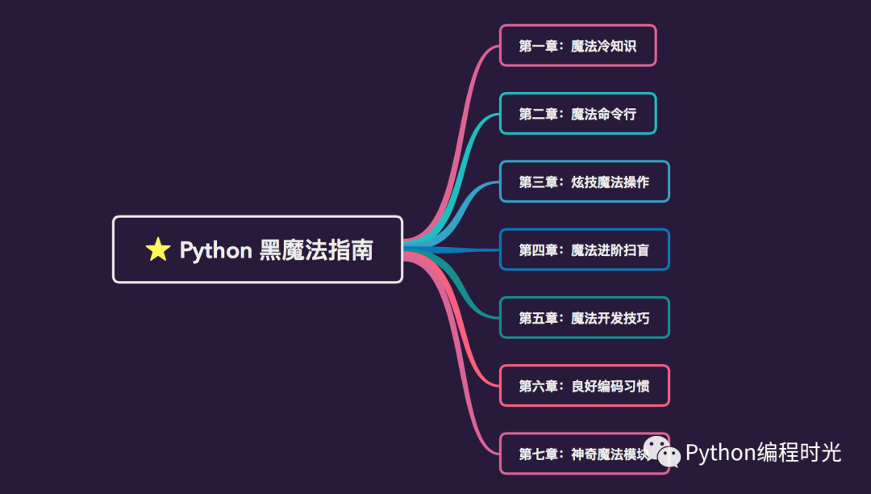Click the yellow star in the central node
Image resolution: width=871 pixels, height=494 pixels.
[x=158, y=250]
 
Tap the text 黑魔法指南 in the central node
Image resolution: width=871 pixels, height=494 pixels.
[x=316, y=250]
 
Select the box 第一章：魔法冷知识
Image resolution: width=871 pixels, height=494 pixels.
[x=577, y=46]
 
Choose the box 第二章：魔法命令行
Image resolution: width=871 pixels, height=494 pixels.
[x=577, y=114]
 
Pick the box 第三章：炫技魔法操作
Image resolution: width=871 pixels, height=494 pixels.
[x=584, y=182]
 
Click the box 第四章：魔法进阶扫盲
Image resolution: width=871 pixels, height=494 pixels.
[x=584, y=250]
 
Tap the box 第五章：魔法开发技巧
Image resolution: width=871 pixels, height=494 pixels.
[x=584, y=318]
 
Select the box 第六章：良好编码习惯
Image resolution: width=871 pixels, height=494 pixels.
[x=584, y=386]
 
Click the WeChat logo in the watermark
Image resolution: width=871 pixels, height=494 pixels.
[x=660, y=453]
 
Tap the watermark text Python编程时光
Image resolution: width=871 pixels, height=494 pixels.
[x=763, y=453]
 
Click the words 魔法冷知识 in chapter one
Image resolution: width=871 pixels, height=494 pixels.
[x=603, y=46]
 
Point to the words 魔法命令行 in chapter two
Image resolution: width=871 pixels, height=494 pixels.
[x=603, y=114]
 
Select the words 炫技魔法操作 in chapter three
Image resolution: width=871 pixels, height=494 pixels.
[x=610, y=182]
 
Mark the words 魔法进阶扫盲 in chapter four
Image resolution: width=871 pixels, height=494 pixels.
[x=610, y=250]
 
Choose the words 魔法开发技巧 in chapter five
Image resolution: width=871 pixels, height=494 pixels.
[x=610, y=318]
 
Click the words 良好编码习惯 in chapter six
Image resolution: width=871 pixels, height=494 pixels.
[x=610, y=386]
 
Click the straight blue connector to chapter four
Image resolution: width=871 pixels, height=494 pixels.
[x=468, y=250]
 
